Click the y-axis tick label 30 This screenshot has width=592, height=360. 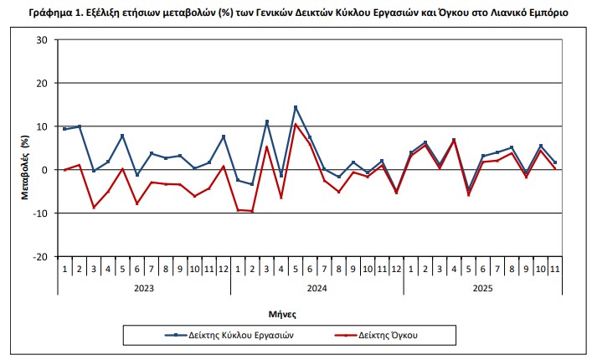(x=42, y=40)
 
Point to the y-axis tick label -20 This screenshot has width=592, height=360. (x=39, y=256)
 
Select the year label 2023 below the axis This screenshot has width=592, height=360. (x=143, y=287)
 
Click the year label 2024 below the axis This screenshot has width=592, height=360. (x=317, y=287)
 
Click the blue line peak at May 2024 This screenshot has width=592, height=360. (x=296, y=107)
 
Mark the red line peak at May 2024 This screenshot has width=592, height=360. (x=296, y=124)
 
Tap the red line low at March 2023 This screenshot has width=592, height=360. (x=94, y=207)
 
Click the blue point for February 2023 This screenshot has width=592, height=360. (x=80, y=126)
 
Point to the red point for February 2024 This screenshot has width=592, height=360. (x=252, y=211)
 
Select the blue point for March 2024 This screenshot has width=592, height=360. (x=266, y=121)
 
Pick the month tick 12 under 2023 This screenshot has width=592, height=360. (x=224, y=269)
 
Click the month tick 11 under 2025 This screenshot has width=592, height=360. (x=554, y=269)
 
